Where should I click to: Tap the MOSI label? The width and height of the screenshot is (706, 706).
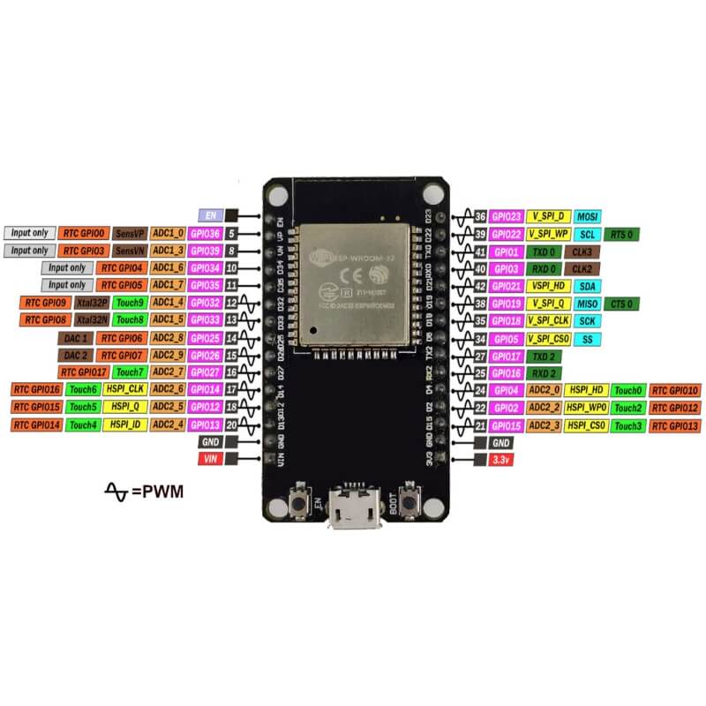586,216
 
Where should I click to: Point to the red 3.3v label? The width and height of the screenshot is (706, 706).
500,460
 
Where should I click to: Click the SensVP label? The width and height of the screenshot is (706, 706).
130,234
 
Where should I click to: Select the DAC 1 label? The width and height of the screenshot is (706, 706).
74,338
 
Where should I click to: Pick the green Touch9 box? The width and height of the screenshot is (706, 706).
130,303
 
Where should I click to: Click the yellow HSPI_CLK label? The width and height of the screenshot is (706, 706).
124,389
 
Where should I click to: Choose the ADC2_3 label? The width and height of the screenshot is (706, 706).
544,425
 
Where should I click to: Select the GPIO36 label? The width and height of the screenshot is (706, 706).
207,234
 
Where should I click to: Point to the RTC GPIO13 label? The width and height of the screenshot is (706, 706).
675,425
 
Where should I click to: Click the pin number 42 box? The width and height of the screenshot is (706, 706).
480,286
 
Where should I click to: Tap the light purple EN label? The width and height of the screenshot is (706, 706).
210,215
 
